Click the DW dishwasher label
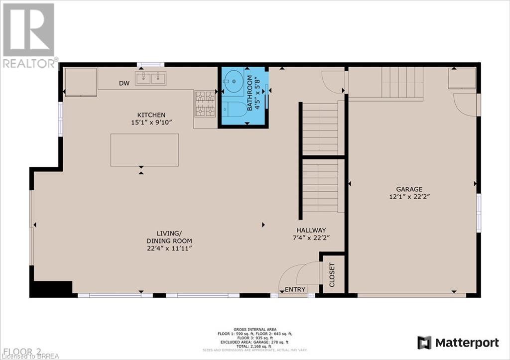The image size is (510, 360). pyautogui.click(x=124, y=84)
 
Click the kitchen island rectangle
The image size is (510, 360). pyautogui.click(x=144, y=150)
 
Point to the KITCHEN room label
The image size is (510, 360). pyautogui.click(x=151, y=115)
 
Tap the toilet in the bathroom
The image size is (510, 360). pyautogui.click(x=232, y=109)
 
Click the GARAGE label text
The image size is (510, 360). pyautogui.click(x=409, y=189)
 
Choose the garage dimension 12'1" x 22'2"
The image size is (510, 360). pyautogui.click(x=409, y=197)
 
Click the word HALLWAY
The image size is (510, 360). pyautogui.click(x=311, y=230)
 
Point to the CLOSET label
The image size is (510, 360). pyautogui.click(x=332, y=275)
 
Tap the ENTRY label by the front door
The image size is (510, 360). pyautogui.click(x=295, y=290)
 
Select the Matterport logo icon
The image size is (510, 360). pyautogui.click(x=424, y=343)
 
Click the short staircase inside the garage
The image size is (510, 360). pyautogui.click(x=402, y=82)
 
